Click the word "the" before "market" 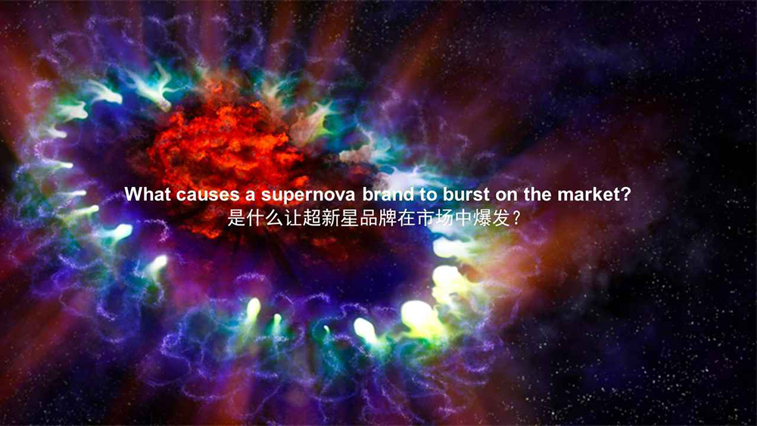click(x=537, y=194)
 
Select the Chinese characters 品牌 click(x=351, y=219)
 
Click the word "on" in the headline click(x=503, y=194)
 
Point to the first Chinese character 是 click(x=236, y=219)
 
